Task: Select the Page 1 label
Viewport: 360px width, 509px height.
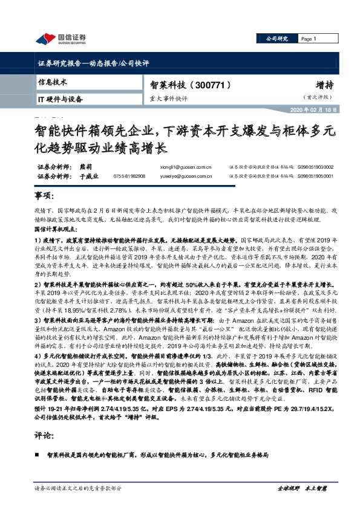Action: point(309,39)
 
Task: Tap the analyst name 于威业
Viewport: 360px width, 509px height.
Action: point(88,176)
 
